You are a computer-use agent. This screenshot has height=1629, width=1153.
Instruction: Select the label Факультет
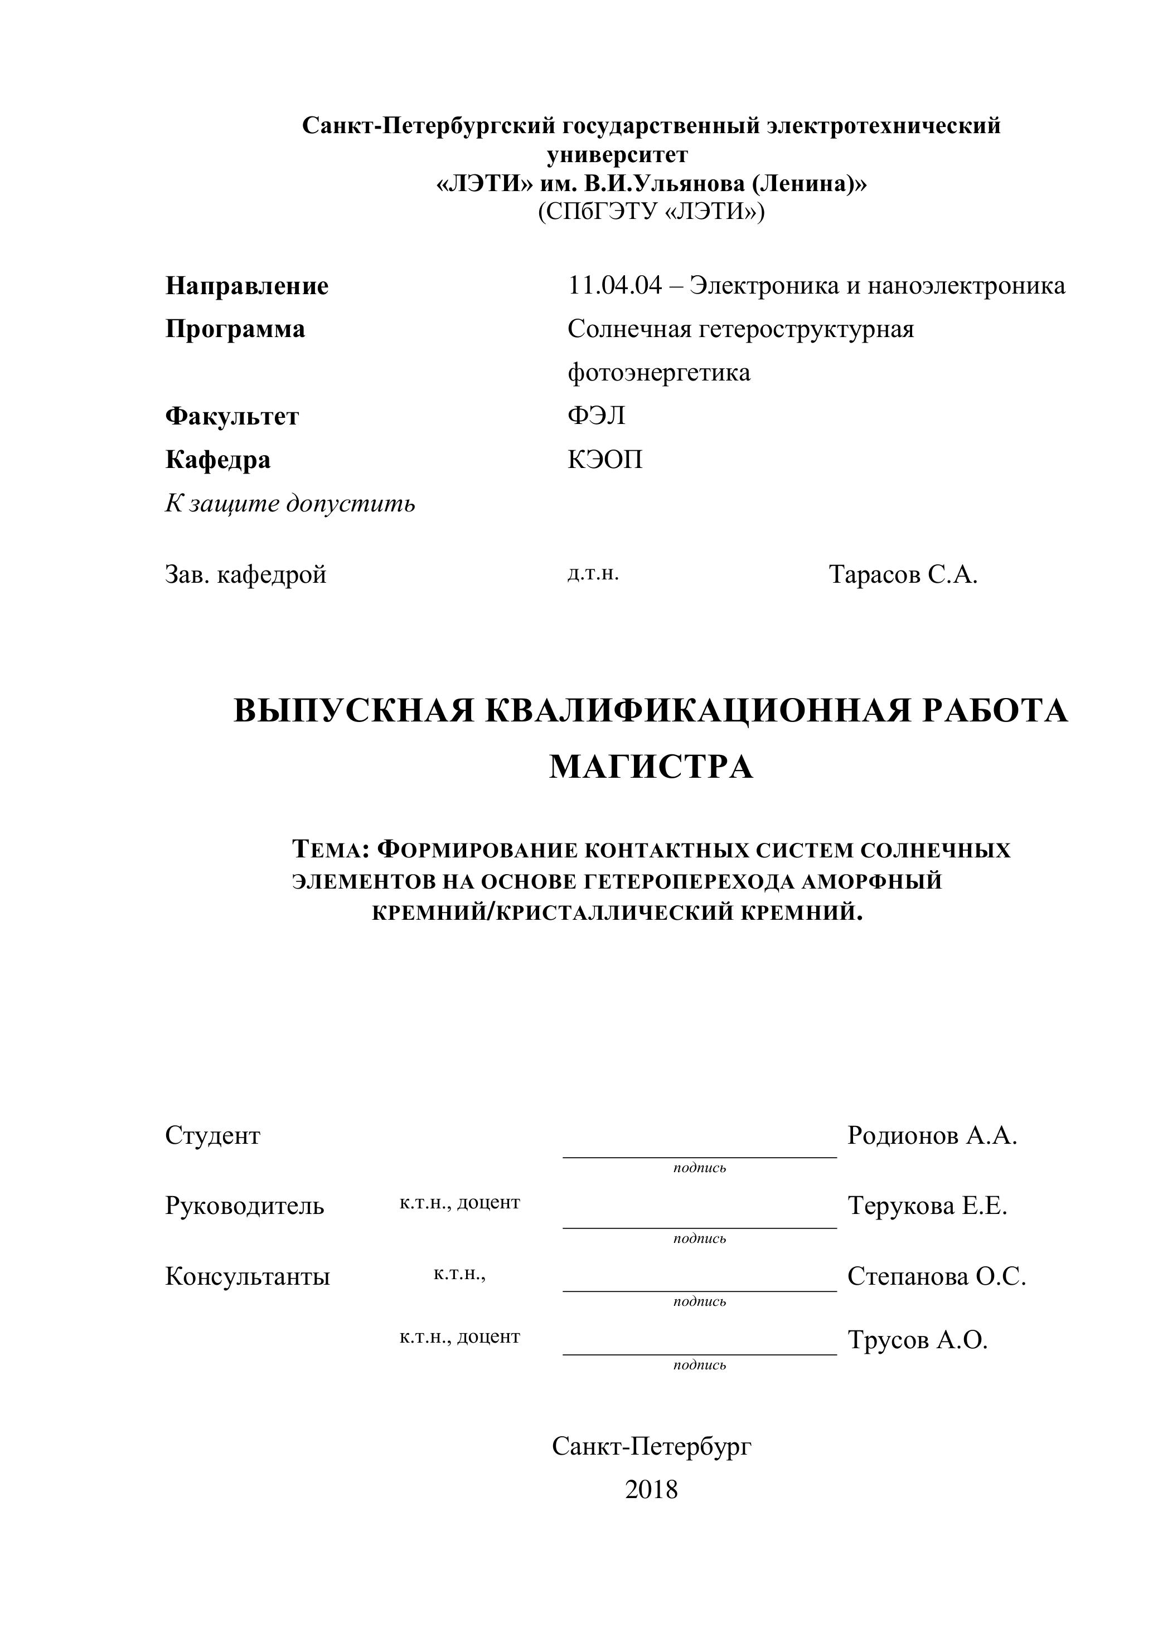pyautogui.click(x=232, y=417)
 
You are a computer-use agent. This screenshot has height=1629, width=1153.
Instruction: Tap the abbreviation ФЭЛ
pyautogui.click(x=597, y=416)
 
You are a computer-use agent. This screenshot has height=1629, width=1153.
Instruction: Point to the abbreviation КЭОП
pyautogui.click(x=605, y=460)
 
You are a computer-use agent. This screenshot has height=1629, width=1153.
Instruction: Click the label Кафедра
pyautogui.click(x=218, y=460)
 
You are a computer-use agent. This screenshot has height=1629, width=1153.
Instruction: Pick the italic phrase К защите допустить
pyautogui.click(x=290, y=504)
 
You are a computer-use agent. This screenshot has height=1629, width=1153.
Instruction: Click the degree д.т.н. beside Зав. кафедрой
pyautogui.click(x=593, y=573)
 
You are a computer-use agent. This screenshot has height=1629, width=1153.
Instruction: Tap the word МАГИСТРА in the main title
pyautogui.click(x=650, y=767)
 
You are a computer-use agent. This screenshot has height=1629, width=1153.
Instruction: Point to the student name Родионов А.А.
pyautogui.click(x=932, y=1135)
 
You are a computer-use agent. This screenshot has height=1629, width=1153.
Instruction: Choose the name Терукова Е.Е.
pyautogui.click(x=927, y=1206)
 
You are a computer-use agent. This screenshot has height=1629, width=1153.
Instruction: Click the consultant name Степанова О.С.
pyautogui.click(x=937, y=1276)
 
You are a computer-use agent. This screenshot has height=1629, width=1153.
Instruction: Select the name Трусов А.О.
pyautogui.click(x=917, y=1339)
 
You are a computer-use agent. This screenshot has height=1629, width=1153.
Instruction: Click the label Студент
pyautogui.click(x=213, y=1135)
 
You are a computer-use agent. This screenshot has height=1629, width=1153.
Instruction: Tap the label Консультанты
pyautogui.click(x=248, y=1276)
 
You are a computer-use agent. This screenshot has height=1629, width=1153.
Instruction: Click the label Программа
pyautogui.click(x=235, y=329)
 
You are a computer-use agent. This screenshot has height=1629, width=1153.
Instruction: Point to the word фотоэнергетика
pyautogui.click(x=659, y=373)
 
